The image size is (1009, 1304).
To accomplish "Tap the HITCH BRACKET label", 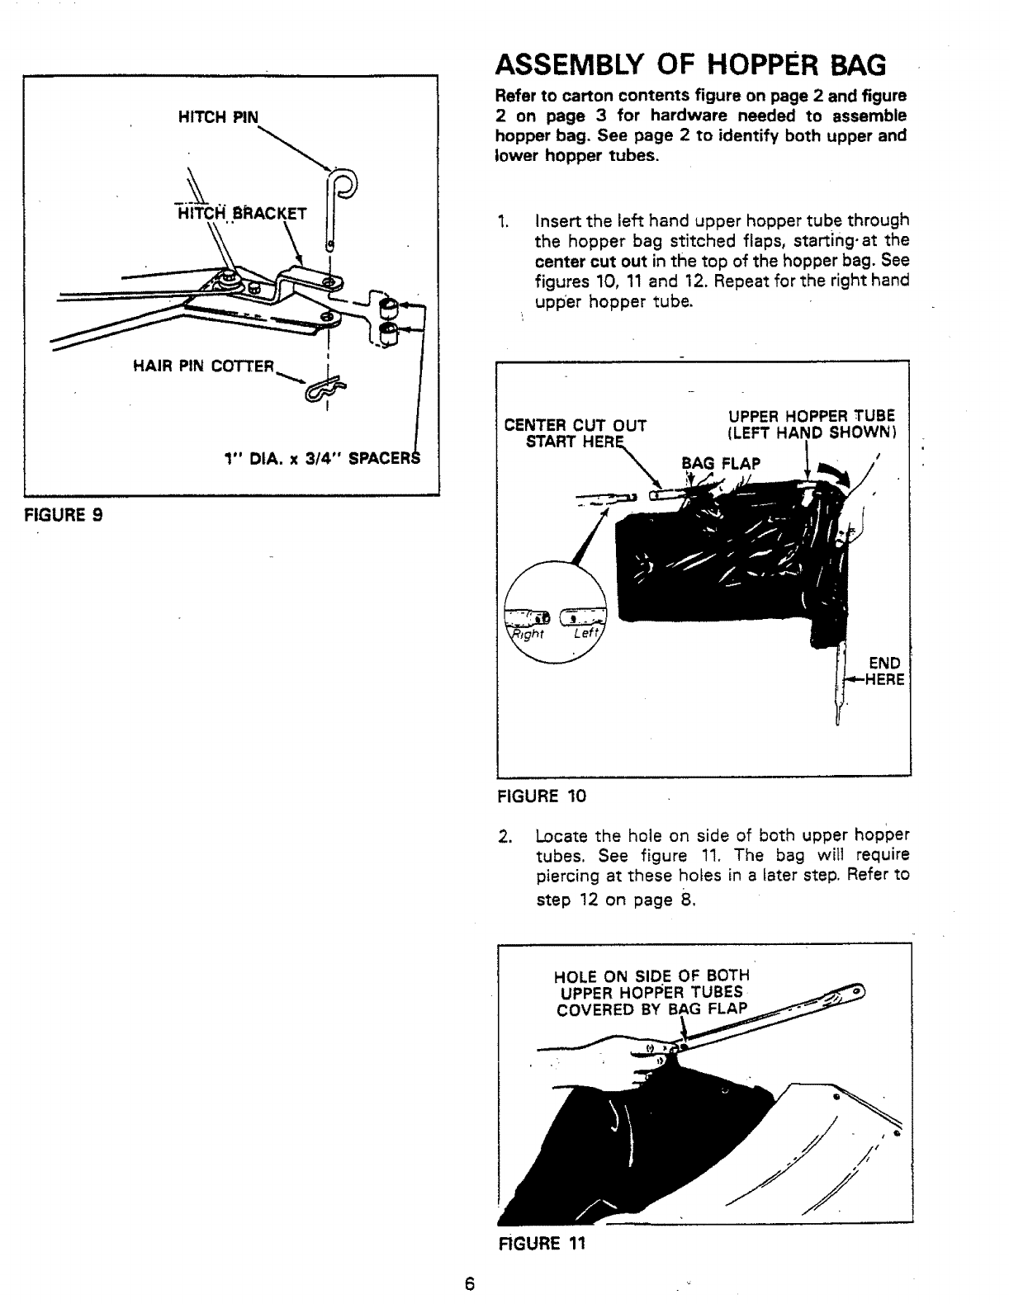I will pyautogui.click(x=241, y=215).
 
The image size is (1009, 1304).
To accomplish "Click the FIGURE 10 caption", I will pyautogui.click(x=541, y=796).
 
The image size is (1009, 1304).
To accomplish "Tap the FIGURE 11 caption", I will pyautogui.click(x=542, y=1244).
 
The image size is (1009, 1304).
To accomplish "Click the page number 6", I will pyautogui.click(x=469, y=1283).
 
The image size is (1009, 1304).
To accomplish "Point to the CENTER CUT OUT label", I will pyautogui.click(x=575, y=426).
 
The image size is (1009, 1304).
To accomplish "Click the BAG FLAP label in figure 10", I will pyautogui.click(x=720, y=463).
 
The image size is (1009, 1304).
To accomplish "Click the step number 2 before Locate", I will pyautogui.click(x=504, y=835).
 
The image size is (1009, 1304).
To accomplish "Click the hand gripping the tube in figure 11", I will pyautogui.click(x=644, y=1059).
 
